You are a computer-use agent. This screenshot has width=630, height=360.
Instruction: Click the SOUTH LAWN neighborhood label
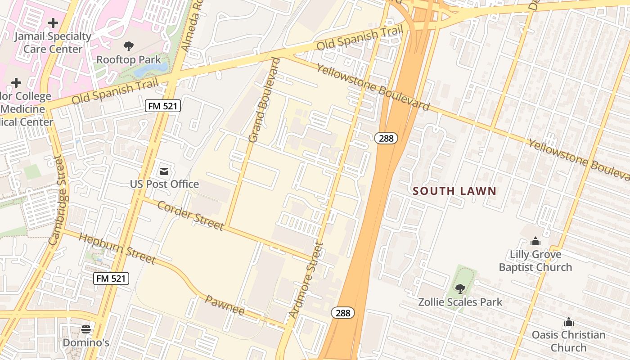pyautogui.click(x=454, y=191)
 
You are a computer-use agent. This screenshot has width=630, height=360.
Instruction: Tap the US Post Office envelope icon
pyautogui.click(x=164, y=171)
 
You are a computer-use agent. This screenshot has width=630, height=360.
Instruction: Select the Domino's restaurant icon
pyautogui.click(x=86, y=329)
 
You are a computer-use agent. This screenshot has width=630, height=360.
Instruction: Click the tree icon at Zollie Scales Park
pyautogui.click(x=460, y=288)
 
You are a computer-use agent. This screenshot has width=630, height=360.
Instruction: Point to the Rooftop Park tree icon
pyautogui.click(x=129, y=46)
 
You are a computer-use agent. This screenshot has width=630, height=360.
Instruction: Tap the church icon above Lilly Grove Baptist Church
pyautogui.click(x=535, y=242)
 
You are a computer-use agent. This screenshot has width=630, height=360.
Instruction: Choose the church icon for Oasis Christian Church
pyautogui.click(x=569, y=322)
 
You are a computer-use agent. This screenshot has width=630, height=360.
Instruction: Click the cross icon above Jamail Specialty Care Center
pyautogui.click(x=53, y=22)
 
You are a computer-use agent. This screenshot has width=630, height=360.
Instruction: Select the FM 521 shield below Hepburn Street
pyautogui.click(x=112, y=279)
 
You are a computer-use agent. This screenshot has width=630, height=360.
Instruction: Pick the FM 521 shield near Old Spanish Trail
pyautogui.click(x=163, y=106)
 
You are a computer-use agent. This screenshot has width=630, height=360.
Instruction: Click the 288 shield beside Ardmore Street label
pyautogui.click(x=343, y=313)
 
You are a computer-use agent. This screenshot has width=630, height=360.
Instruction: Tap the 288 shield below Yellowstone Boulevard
pyautogui.click(x=386, y=138)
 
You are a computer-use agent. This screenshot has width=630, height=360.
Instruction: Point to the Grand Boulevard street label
pyautogui.click(x=264, y=100)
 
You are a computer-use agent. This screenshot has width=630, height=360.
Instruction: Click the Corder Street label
pyautogui.click(x=191, y=215)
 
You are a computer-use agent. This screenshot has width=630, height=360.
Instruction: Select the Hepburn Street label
pyautogui.click(x=117, y=248)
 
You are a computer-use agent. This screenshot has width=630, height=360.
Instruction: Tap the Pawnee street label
pyautogui.click(x=225, y=305)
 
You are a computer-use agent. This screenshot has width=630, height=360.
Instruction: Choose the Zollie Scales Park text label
pyautogui.click(x=460, y=301)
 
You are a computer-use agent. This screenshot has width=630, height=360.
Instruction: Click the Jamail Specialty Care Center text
pyautogui.click(x=53, y=42)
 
